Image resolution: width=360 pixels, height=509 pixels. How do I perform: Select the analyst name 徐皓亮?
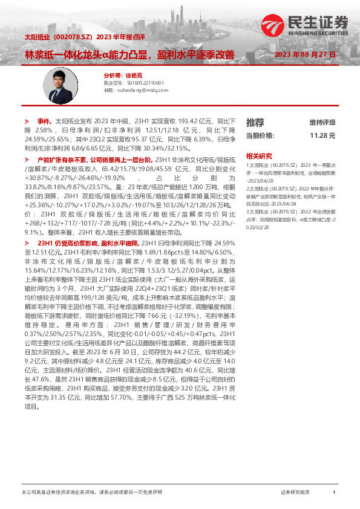coord(134,76)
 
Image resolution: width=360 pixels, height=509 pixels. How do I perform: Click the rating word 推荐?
coord(255,122)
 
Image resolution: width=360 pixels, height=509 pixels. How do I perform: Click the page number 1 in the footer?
coord(334,493)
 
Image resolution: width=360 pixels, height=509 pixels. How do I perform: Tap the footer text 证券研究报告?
coord(295,493)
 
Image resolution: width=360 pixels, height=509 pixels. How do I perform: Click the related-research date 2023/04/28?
coord(261,180)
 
